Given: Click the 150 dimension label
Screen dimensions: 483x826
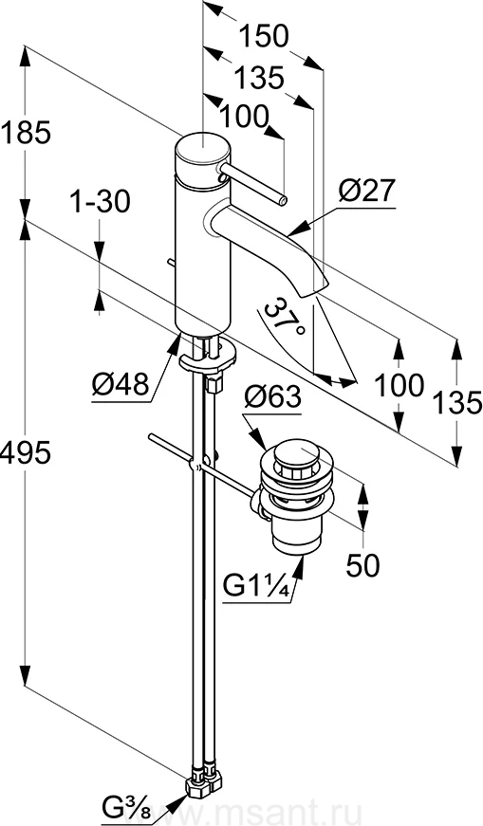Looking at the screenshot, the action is (264, 37).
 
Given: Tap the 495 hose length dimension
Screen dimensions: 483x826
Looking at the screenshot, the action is (26, 452).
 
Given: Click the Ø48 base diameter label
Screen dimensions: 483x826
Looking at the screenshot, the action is (121, 386).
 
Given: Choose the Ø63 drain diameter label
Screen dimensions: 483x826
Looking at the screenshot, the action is (272, 396).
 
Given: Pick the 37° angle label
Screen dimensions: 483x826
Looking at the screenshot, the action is (284, 318).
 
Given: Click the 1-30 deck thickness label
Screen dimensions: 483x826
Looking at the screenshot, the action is (101, 201).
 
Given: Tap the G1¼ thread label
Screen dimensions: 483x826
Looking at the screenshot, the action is (257, 587).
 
